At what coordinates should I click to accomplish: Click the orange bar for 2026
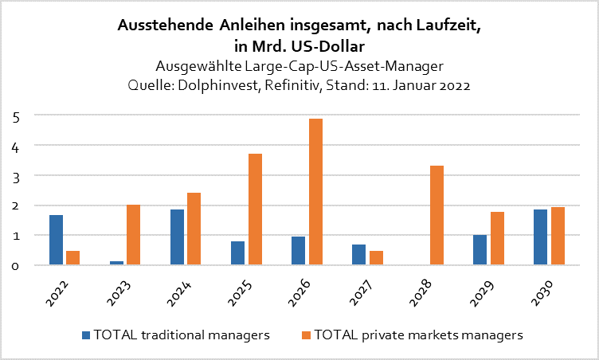pyautogui.click(x=315, y=192)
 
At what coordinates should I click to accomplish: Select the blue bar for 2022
pyautogui.click(x=56, y=240)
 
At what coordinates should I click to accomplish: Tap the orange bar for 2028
pyautogui.click(x=436, y=215)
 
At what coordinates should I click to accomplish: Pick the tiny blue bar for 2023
pyautogui.click(x=116, y=263)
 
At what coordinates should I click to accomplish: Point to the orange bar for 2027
pyautogui.click(x=375, y=258)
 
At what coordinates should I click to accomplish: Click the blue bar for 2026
pyautogui.click(x=298, y=251)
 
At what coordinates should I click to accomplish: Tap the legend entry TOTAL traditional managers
pyautogui.click(x=178, y=335)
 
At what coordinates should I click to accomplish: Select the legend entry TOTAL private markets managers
pyautogui.click(x=417, y=335)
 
